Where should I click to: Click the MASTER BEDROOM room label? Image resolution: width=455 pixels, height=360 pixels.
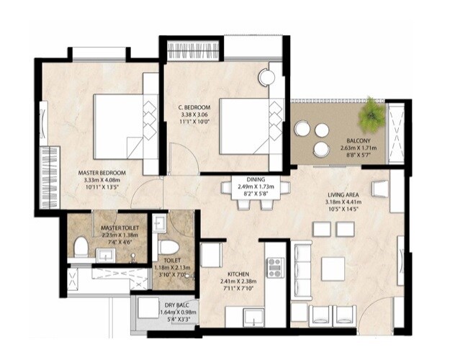[x=102, y=173]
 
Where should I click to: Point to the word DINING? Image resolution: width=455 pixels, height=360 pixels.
[x=256, y=179]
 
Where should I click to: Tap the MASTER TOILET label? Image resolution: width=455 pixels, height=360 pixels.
[x=120, y=228]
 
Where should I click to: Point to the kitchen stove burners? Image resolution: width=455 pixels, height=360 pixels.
[x=275, y=267]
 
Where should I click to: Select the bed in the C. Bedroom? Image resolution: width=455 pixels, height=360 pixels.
[x=245, y=127]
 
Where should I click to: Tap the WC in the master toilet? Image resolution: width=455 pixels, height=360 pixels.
[x=81, y=248]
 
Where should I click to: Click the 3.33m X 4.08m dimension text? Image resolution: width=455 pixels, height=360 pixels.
[x=102, y=181]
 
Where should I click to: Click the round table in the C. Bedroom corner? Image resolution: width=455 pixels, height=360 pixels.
[x=267, y=77]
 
